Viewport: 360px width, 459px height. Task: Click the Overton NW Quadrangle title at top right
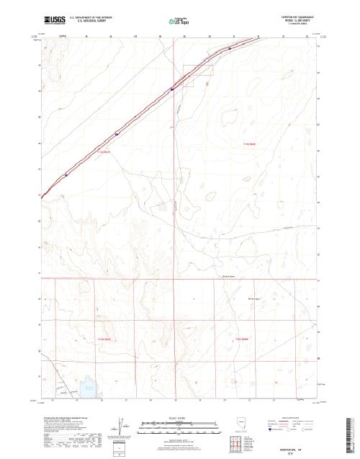[x=290, y=15]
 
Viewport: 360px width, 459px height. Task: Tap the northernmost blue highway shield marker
[x=230, y=48]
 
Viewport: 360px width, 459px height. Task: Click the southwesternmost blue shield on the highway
[x=67, y=174]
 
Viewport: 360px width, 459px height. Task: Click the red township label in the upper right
[x=249, y=145]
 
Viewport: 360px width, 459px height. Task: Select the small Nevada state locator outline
[x=239, y=422]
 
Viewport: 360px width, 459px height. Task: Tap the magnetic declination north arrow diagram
[x=120, y=425]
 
